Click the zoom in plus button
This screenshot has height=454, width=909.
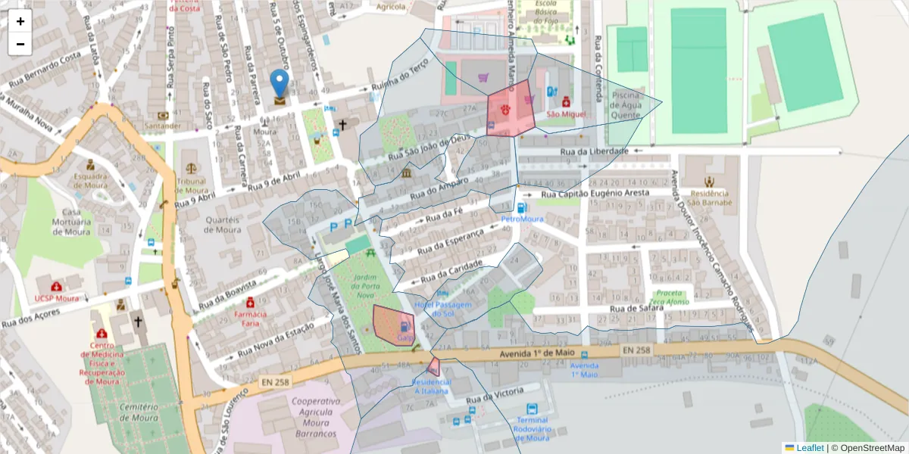(x=20, y=21)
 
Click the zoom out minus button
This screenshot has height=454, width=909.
(x=20, y=44)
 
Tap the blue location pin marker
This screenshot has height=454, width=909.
(x=280, y=85)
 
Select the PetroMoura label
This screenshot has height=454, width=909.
(x=523, y=219)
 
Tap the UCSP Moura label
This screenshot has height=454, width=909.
(x=57, y=298)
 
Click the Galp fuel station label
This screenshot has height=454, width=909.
(x=405, y=337)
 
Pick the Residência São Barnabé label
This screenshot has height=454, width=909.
(x=709, y=197)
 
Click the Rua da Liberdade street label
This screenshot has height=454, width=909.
(x=595, y=151)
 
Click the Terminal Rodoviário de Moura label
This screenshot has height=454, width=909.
(x=533, y=429)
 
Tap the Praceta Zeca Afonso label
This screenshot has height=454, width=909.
(x=673, y=297)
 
